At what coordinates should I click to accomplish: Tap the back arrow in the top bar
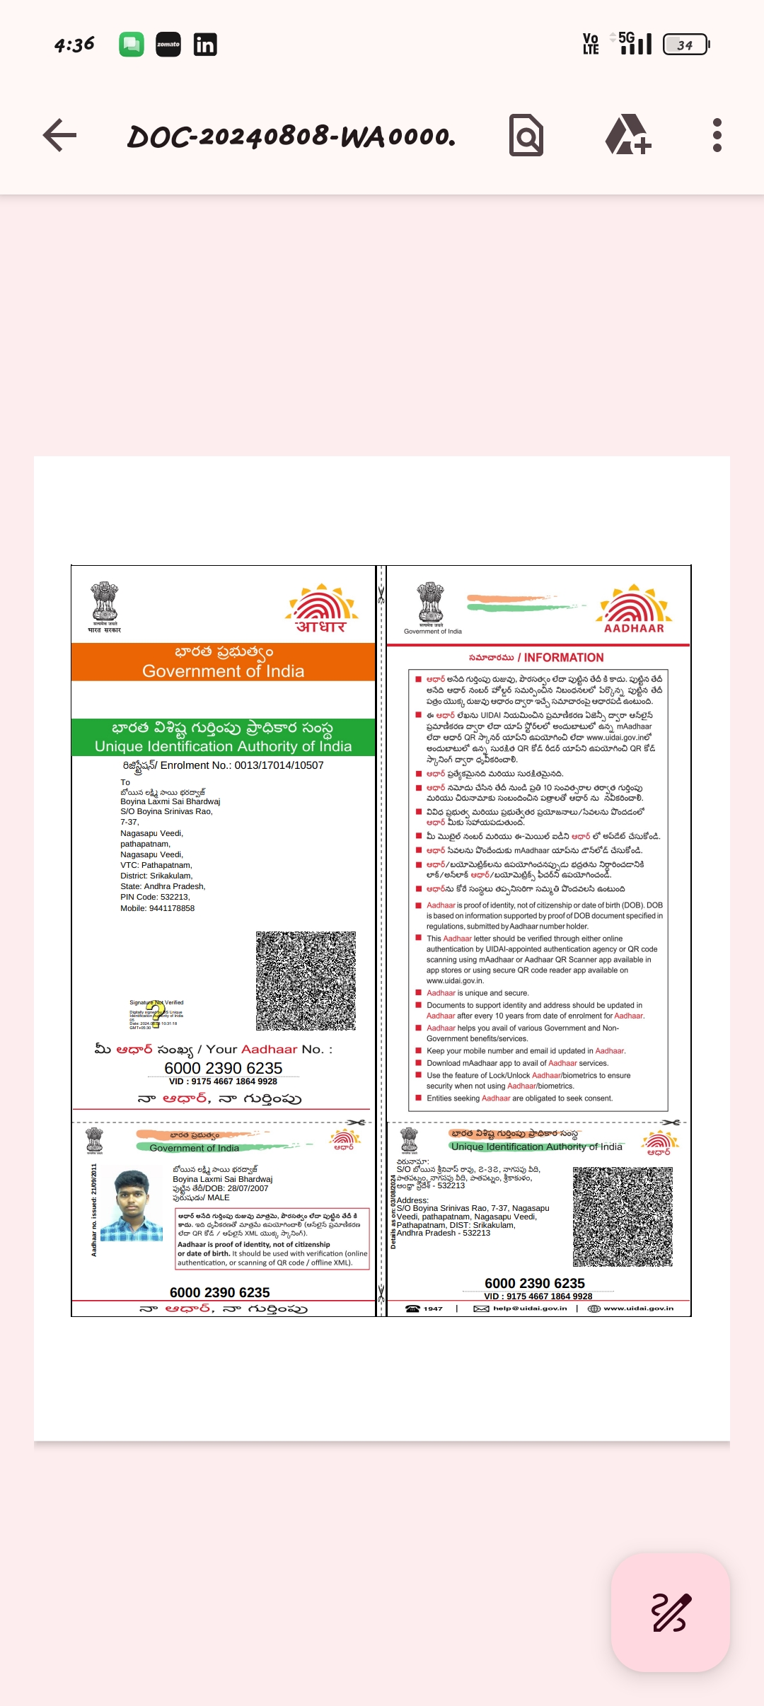(60, 135)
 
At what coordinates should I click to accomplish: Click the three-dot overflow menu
(717, 135)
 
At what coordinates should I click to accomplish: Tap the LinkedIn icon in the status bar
(205, 45)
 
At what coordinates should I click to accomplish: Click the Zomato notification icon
(168, 45)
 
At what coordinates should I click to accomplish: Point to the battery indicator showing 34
(685, 45)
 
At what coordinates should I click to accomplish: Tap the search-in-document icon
(526, 135)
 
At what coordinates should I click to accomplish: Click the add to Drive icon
(627, 135)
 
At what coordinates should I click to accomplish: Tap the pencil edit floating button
(670, 1612)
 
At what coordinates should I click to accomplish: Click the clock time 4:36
(74, 45)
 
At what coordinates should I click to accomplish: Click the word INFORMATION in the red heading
(564, 657)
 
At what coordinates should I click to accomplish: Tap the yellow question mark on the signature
(156, 1014)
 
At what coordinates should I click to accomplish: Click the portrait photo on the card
(132, 1206)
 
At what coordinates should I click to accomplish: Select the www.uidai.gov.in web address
(638, 1308)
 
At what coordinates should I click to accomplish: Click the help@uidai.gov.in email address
(529, 1308)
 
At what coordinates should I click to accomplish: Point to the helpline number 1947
(432, 1308)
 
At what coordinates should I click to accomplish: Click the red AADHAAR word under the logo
(634, 628)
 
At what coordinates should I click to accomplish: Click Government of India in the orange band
(223, 671)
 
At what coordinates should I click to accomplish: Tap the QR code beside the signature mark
(306, 980)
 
